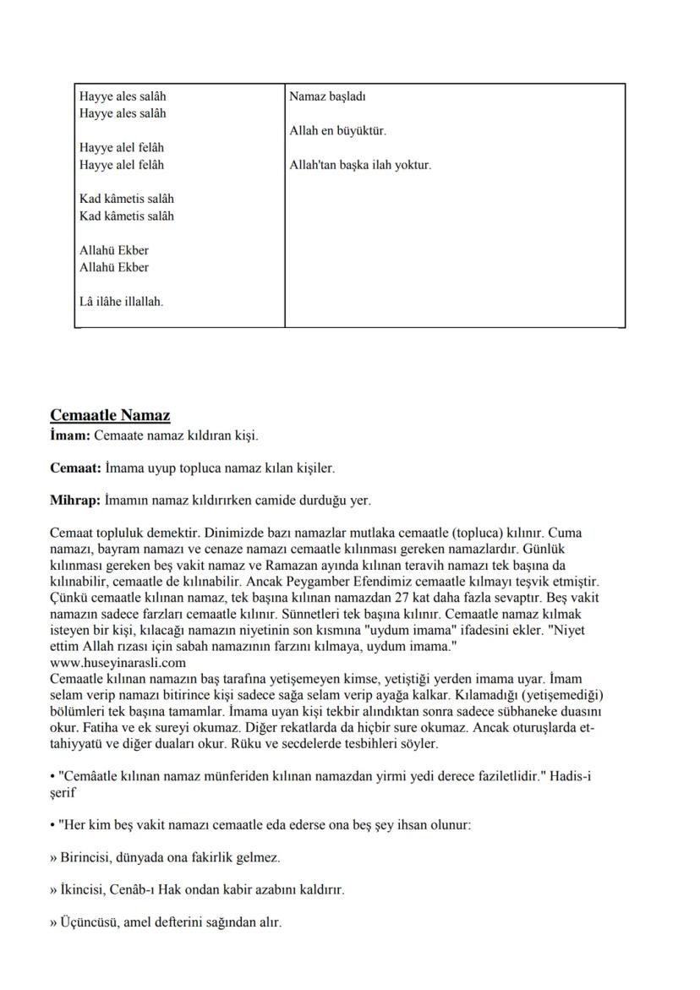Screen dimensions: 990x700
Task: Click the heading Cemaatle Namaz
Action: tap(110, 415)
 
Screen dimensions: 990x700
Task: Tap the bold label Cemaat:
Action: tap(75, 467)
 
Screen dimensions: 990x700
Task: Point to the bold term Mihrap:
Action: tap(76, 500)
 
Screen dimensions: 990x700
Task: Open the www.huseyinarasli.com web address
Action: tap(118, 663)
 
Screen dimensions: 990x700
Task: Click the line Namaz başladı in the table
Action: tap(327, 96)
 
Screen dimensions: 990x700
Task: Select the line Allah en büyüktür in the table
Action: tap(337, 131)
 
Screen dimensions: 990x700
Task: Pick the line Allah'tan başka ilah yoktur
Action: tap(360, 165)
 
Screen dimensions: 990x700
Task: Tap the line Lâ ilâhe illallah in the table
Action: tap(121, 301)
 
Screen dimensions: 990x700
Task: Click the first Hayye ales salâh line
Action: tap(123, 96)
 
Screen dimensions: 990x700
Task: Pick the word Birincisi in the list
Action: tap(86, 857)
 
